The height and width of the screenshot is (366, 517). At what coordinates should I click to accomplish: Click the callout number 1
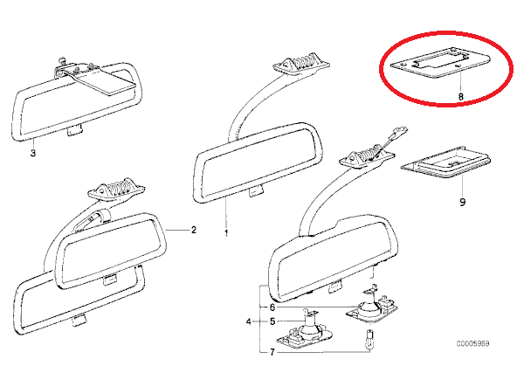coord(226,233)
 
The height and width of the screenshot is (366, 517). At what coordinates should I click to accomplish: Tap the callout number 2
coord(194,230)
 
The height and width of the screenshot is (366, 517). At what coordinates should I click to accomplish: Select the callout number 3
coord(32,153)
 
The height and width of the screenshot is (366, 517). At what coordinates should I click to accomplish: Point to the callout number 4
coord(249,321)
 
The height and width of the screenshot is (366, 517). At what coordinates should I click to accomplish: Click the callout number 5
coord(272,321)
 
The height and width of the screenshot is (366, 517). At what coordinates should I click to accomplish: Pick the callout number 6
coord(272,307)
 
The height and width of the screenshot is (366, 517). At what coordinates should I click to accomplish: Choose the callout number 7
coord(272,352)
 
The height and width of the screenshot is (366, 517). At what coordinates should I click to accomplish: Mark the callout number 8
coord(460,96)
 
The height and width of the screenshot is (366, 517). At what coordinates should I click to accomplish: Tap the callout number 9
coord(462,202)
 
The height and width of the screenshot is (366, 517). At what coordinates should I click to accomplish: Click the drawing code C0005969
coord(472,343)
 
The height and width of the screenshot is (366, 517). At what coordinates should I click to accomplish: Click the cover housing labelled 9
coord(445,162)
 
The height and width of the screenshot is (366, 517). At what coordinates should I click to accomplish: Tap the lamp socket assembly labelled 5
coord(300,330)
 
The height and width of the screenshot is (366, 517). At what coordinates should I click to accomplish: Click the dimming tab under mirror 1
coord(256,191)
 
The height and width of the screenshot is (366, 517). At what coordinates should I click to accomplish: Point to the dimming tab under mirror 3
coord(74,130)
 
